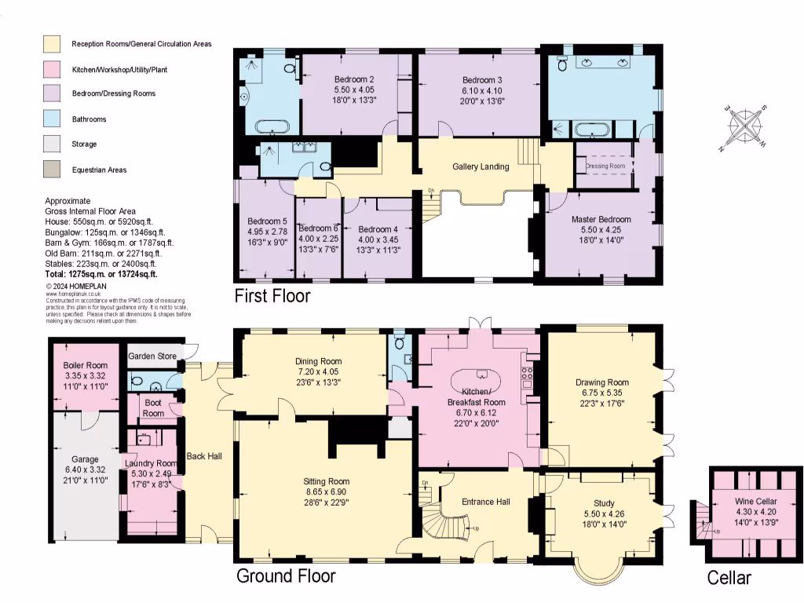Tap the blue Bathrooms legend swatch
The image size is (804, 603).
pos(53,119)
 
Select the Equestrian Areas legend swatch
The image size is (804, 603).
pos(53,169)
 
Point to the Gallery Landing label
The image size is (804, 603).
pos(481,166)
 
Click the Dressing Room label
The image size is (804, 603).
pos(605,166)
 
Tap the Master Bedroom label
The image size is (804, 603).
pos(601,219)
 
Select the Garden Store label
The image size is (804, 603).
pos(152,356)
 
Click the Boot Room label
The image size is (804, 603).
pos(153,408)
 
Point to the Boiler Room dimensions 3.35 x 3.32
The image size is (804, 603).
pos(85,376)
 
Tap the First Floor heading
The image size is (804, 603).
pos(272,297)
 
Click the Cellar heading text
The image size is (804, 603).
pos(729,579)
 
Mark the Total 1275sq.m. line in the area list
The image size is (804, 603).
pos(101,275)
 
